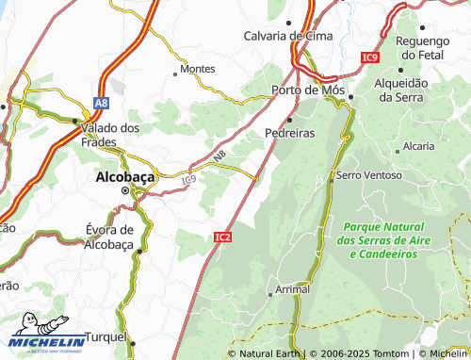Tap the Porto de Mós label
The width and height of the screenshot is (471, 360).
(305, 90)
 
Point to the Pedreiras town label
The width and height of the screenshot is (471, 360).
(289, 133)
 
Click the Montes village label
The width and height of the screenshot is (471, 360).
(197, 69)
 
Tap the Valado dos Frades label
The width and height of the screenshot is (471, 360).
(111, 134)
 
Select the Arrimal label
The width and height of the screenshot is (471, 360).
(293, 289)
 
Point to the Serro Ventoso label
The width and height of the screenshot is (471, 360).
(368, 175)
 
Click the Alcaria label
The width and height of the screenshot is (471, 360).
(418, 146)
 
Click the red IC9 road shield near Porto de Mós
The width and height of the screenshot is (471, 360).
(369, 57)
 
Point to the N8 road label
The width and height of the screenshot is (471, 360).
(219, 158)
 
